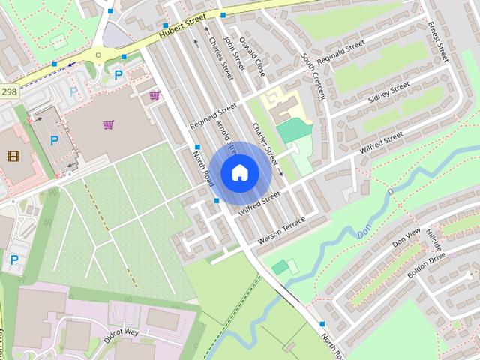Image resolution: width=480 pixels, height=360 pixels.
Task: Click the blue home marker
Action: (x=239, y=173)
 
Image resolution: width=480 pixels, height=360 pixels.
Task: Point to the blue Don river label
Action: (x=364, y=232)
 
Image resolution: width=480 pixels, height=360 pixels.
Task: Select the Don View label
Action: (x=408, y=235)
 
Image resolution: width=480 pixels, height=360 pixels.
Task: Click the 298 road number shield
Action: (x=9, y=91)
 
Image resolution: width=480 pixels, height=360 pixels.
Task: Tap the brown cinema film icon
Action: (x=13, y=156)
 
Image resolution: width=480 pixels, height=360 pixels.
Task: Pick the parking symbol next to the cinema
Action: (x=54, y=140)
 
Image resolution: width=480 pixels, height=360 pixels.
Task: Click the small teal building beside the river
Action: (x=280, y=267)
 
